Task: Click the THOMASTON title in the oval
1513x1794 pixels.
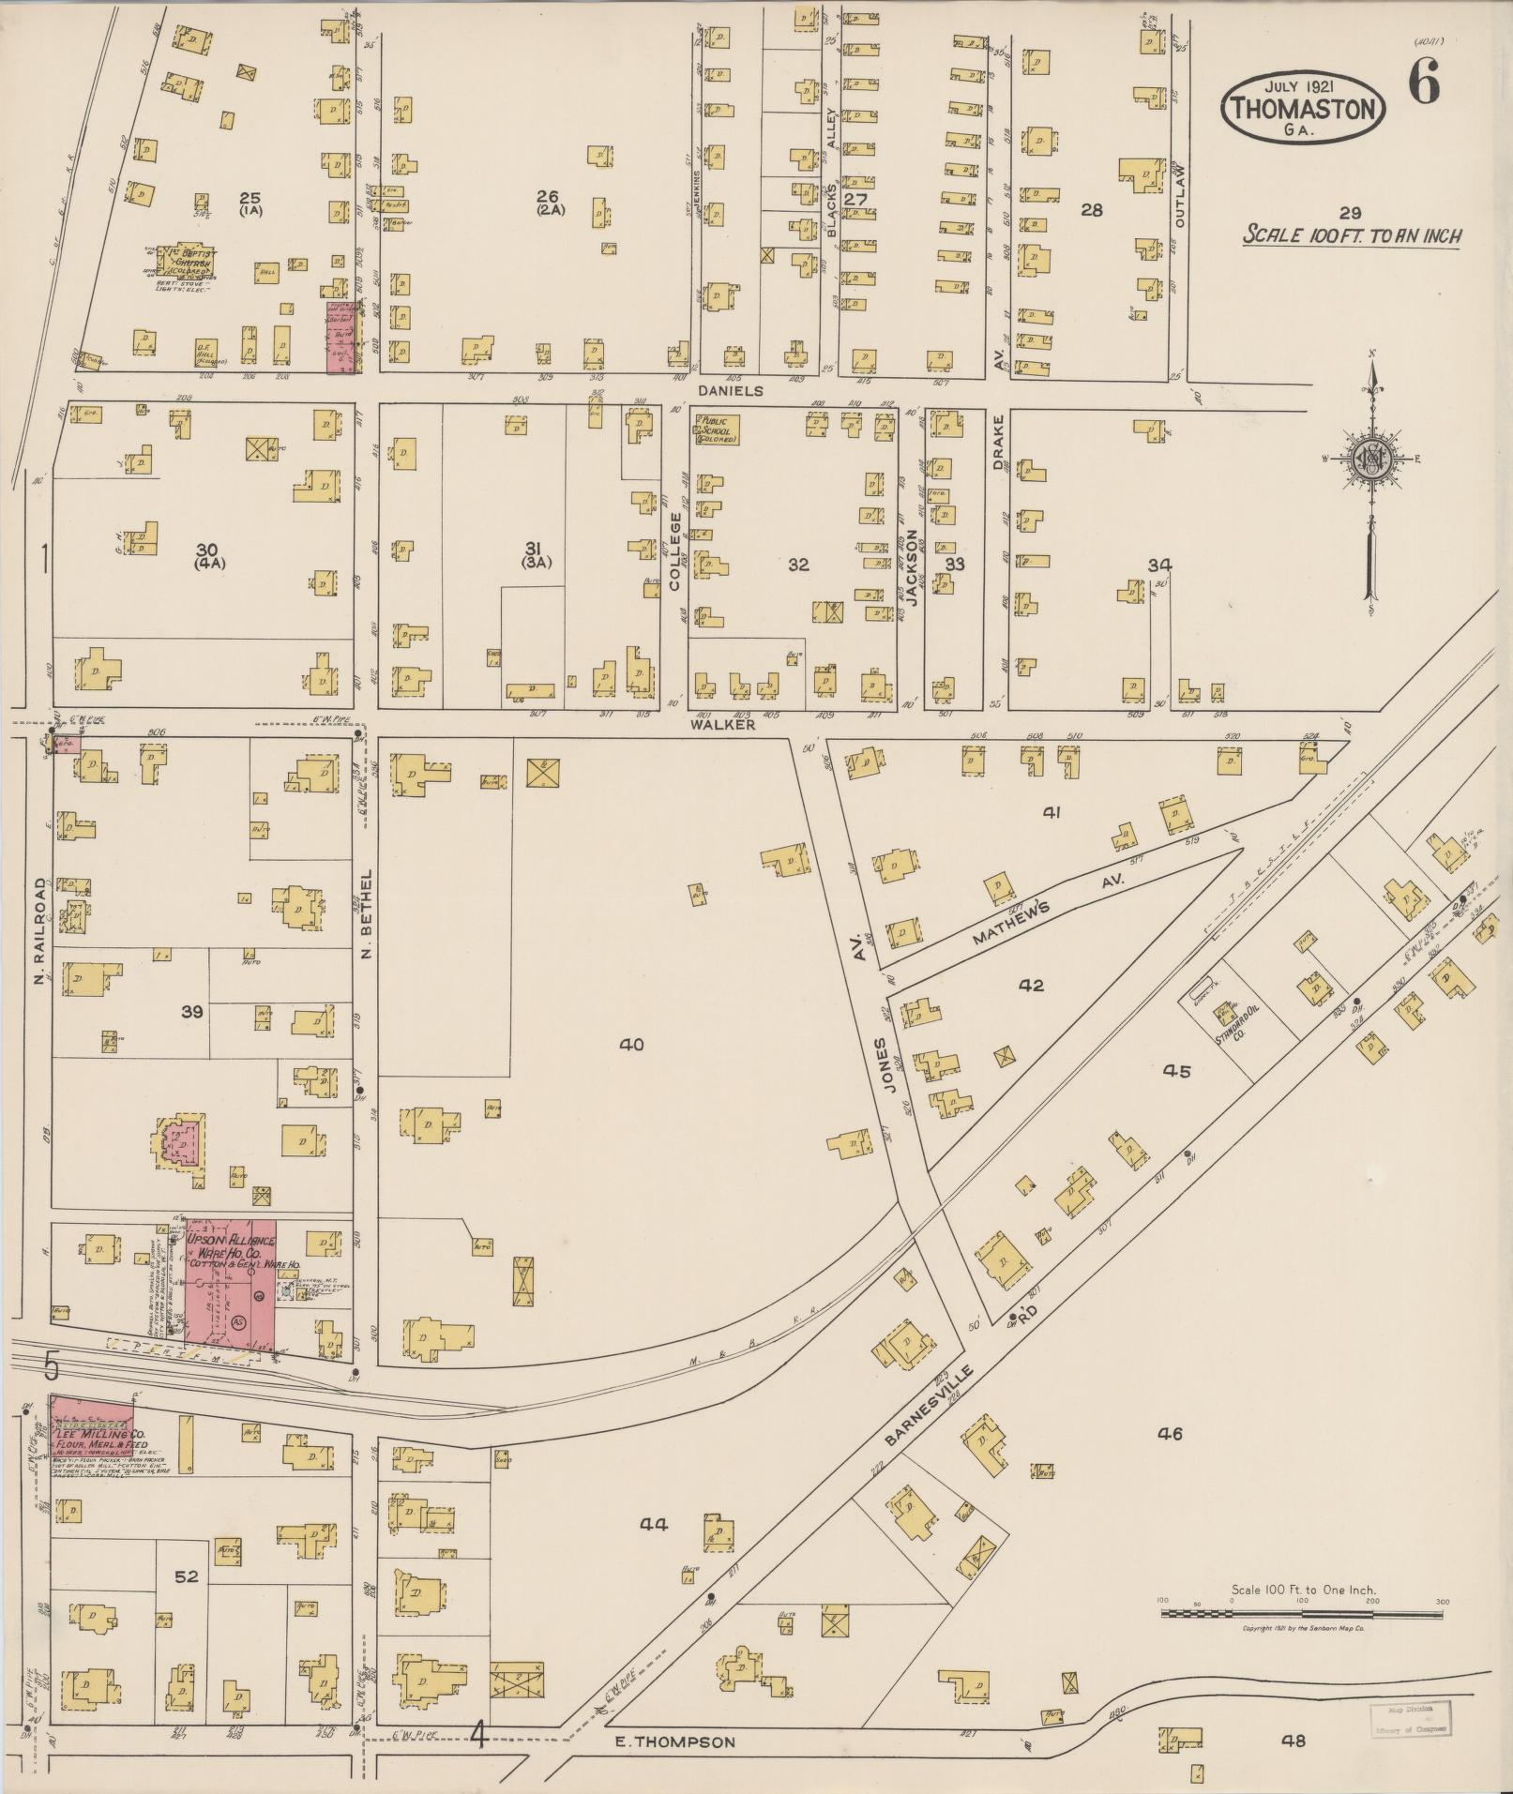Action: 1304,109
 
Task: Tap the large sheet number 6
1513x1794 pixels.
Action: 1424,86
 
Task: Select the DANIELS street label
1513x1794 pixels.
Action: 732,389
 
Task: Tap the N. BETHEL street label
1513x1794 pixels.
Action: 367,914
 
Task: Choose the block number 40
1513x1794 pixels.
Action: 631,1044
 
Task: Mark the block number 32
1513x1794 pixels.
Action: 798,565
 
